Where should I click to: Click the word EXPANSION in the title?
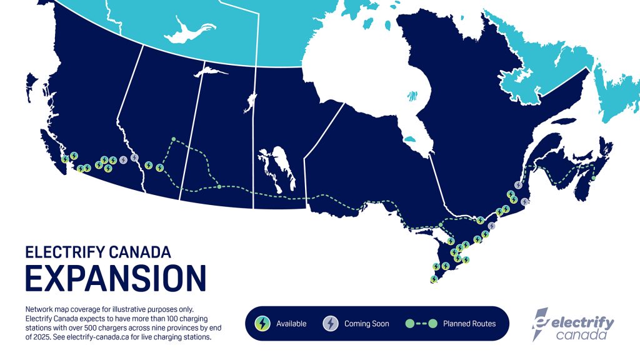click(x=116, y=278)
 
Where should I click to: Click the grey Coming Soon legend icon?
click(x=330, y=323)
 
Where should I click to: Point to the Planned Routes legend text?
click(x=469, y=324)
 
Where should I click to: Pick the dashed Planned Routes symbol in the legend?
click(x=420, y=324)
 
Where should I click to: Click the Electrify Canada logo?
click(x=572, y=324)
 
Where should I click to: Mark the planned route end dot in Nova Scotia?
click(x=593, y=178)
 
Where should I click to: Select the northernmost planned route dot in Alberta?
click(x=174, y=139)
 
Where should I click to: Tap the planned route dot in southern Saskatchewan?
click(x=219, y=186)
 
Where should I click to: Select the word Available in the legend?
click(x=291, y=324)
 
